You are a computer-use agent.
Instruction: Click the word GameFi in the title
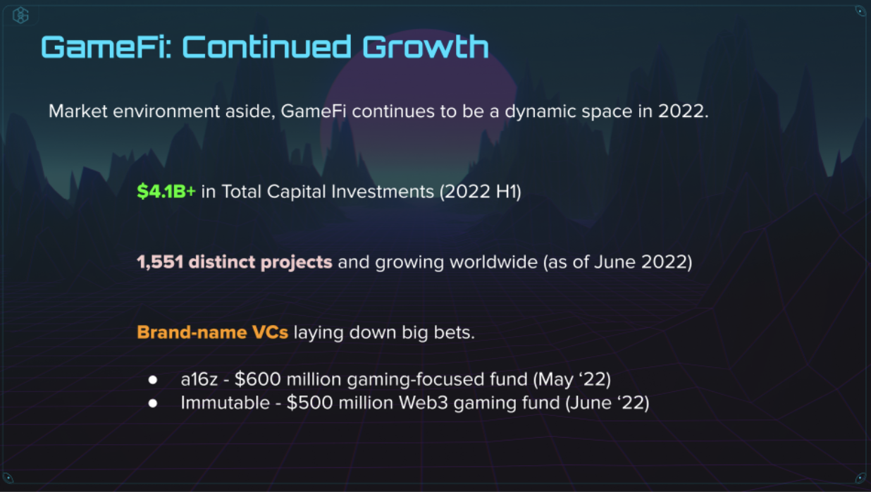pyautogui.click(x=106, y=47)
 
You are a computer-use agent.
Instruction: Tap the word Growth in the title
pyautogui.click(x=426, y=47)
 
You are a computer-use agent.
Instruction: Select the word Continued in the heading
pyautogui.click(x=267, y=47)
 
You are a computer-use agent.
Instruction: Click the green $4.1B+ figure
pyautogui.click(x=166, y=191)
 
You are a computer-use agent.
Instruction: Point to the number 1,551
pyautogui.click(x=160, y=262)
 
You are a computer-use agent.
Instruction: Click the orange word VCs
pyautogui.click(x=270, y=333)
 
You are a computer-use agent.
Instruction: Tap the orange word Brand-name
pyautogui.click(x=192, y=333)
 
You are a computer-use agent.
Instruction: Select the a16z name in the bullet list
pyautogui.click(x=199, y=380)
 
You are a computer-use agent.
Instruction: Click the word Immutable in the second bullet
pyautogui.click(x=225, y=403)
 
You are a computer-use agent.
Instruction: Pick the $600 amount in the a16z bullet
pyautogui.click(x=257, y=379)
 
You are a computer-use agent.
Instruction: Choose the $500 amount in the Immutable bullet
pyautogui.click(x=309, y=403)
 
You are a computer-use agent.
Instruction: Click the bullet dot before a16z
pyautogui.click(x=153, y=380)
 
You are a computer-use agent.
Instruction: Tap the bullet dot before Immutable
pyautogui.click(x=153, y=403)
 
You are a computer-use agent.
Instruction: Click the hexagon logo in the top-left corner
pyautogui.click(x=20, y=16)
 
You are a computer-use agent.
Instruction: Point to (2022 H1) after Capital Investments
pyautogui.click(x=480, y=191)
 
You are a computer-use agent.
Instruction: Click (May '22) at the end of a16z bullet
pyautogui.click(x=572, y=380)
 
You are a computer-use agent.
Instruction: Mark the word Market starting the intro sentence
pyautogui.click(x=78, y=111)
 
